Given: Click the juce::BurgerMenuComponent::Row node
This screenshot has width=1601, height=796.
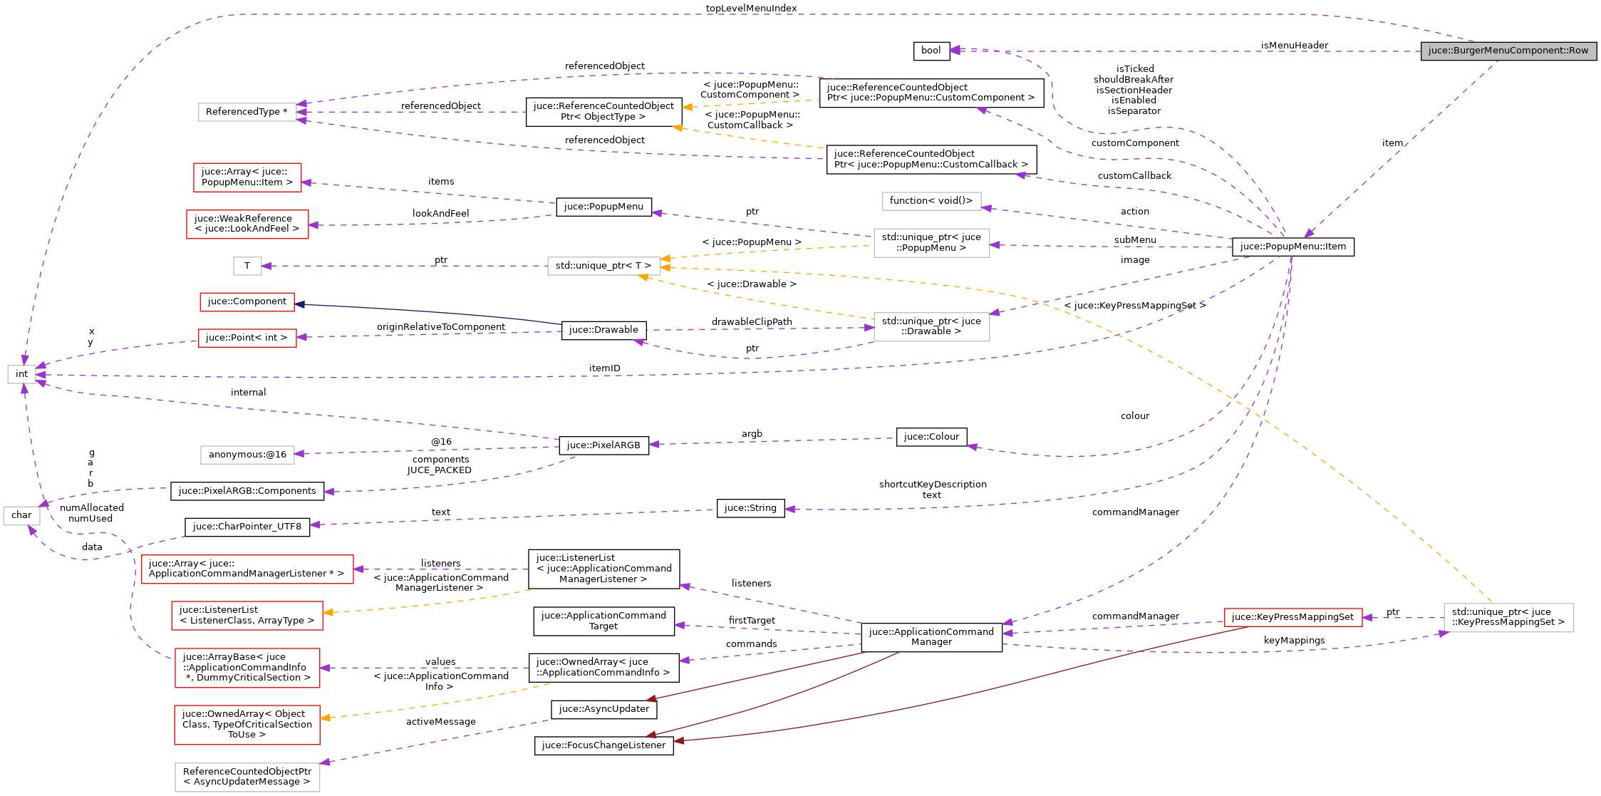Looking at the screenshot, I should pos(1508,51).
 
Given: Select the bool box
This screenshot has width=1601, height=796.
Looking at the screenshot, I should pos(931,51).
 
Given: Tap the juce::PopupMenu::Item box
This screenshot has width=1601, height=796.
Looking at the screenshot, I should pos(1292,247).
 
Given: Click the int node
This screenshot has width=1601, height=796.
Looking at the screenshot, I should pos(21,374).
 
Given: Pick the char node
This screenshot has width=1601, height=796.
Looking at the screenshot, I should pos(21,515).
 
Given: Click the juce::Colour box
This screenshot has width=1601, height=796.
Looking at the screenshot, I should pos(931,437).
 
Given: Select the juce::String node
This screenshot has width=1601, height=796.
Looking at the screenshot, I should pos(750,508).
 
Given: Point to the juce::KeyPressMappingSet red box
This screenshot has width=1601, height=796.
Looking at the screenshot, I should pos(1292,617).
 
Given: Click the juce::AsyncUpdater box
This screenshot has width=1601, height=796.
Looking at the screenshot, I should pos(603,709).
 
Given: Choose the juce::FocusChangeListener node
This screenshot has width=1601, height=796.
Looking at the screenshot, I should pos(603,745).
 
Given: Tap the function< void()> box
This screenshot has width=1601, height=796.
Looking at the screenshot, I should pos(931,201).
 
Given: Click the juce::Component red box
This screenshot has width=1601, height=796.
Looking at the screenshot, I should pos(247,301).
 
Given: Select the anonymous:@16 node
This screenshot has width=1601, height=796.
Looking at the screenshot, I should pos(247,455).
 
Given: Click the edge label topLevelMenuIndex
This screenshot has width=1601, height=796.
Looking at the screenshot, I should pos(751,9).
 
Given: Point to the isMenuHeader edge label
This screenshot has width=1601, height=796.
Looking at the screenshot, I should pos(1294,46).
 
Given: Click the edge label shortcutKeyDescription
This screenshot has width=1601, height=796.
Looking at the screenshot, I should pos(932,485).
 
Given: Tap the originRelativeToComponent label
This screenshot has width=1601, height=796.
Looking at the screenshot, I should pos(440,327).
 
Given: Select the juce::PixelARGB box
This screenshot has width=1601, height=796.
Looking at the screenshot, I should pos(603,445).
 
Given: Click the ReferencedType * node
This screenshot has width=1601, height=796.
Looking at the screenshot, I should pos(247,112).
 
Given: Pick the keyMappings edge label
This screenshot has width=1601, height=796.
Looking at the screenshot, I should pos(1294,641).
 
